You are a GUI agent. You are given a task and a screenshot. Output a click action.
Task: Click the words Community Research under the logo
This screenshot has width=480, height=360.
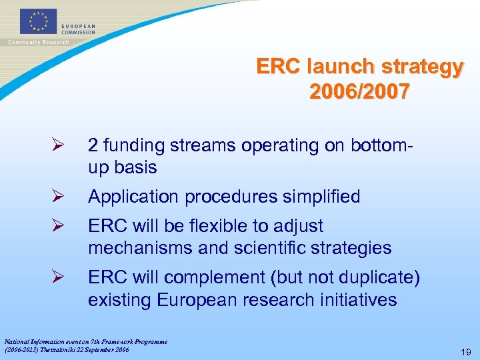point(38,43)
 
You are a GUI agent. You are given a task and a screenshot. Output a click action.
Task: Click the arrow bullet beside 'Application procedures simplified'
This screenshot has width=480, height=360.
point(57,197)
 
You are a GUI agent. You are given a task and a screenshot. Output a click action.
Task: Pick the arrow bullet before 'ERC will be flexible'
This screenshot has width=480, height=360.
point(57,226)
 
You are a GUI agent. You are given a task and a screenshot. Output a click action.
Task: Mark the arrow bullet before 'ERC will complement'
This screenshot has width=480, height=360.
point(57,278)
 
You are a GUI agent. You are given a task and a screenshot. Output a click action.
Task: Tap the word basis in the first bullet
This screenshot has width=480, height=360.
point(135,167)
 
